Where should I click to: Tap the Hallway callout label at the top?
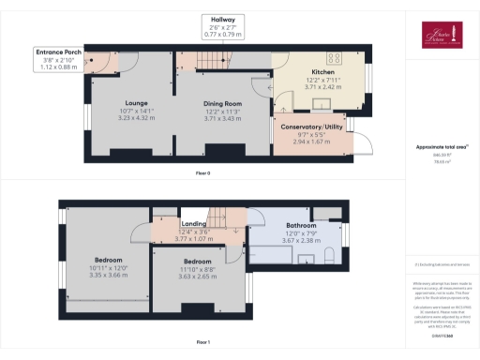[x=222, y=19]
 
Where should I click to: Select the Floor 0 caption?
[x=203, y=173]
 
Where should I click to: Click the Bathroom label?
[x=301, y=226]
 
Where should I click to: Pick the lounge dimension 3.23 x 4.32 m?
[x=138, y=119]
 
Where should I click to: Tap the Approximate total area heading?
[x=440, y=147]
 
